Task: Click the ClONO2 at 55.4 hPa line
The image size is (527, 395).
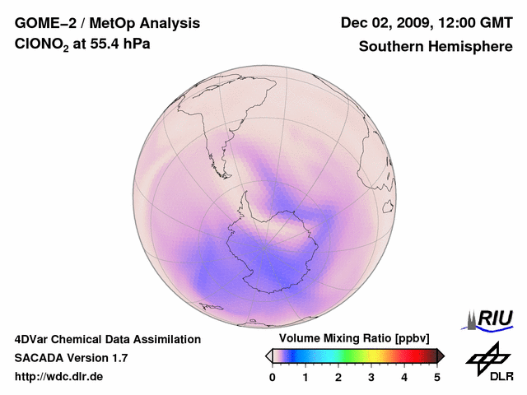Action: click(x=82, y=46)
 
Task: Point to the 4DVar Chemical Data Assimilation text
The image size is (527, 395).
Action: click(x=107, y=339)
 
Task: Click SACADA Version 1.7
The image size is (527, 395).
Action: click(x=71, y=358)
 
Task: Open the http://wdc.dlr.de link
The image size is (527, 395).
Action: click(x=59, y=377)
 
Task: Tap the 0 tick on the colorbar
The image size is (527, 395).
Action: click(x=273, y=377)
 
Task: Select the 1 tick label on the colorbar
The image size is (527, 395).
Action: click(x=305, y=377)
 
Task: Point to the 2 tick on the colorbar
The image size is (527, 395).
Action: click(x=338, y=377)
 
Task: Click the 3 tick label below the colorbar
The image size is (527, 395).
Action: click(x=371, y=377)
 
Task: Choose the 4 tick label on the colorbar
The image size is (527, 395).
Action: click(x=404, y=377)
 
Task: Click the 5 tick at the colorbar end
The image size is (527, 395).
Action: click(x=437, y=377)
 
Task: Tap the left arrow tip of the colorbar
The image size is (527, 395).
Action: click(x=268, y=355)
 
